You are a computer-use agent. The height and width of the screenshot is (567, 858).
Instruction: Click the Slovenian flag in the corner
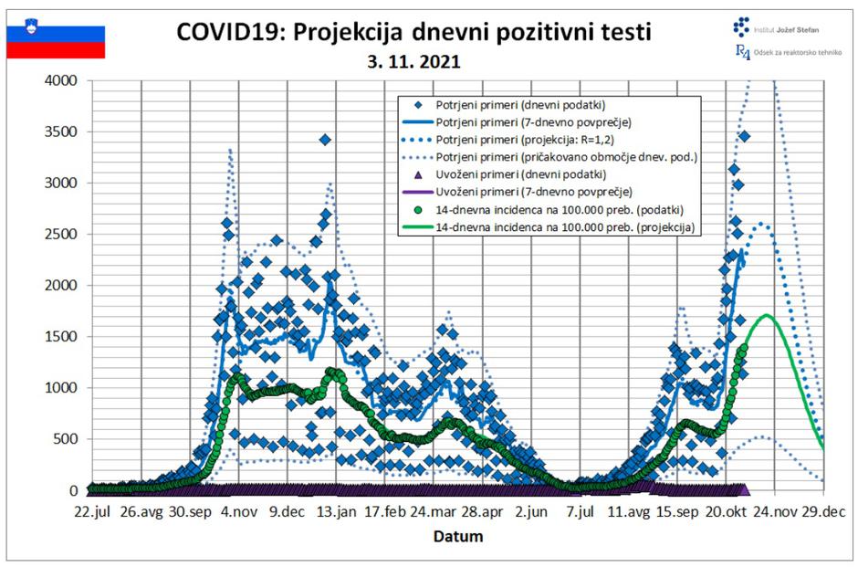coord(56,41)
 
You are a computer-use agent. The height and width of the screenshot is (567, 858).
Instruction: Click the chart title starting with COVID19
coord(414,33)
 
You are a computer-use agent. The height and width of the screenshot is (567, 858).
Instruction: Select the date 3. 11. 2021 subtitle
coord(414,63)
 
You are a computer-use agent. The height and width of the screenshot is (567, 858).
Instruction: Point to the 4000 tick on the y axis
coord(62,80)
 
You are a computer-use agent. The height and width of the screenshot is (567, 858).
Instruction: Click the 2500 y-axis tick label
coord(62,234)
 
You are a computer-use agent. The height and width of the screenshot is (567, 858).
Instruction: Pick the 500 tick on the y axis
coord(68,439)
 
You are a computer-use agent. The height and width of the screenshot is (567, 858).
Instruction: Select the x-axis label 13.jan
coord(337,512)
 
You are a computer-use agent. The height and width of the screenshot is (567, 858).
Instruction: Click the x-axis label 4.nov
coord(238,512)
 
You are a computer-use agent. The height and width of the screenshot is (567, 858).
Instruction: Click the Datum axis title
coord(458,536)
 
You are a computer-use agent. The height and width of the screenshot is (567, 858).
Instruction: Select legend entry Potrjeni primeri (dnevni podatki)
coord(521,105)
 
